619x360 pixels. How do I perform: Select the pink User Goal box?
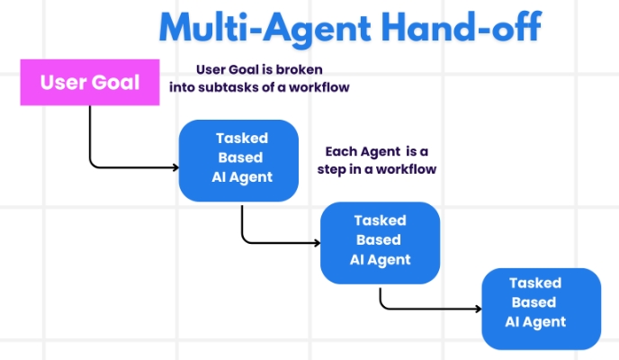point(89,83)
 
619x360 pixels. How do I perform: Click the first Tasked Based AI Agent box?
point(238,159)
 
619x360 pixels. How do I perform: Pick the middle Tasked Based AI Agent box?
point(381,241)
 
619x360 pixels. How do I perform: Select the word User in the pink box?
point(62,83)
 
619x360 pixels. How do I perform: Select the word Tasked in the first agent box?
point(241,138)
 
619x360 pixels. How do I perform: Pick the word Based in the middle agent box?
point(380,240)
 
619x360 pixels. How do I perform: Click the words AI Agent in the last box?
point(535,321)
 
